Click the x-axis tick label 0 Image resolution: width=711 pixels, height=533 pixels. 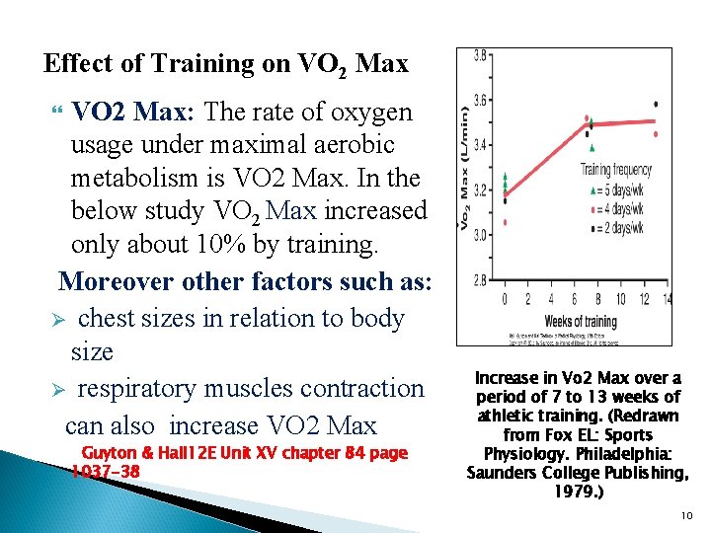tap(505, 299)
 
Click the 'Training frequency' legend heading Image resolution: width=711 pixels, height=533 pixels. tap(616, 170)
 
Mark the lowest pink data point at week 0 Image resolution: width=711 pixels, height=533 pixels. tap(505, 223)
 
